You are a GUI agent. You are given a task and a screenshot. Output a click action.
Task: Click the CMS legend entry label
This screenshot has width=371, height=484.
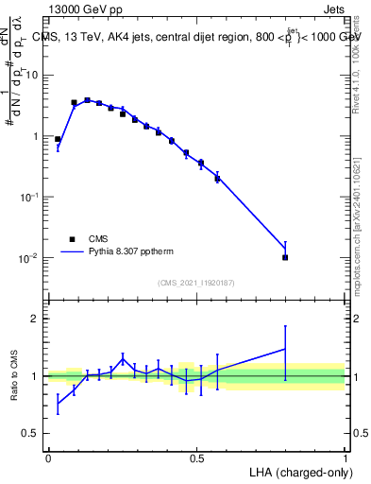pos(97,239)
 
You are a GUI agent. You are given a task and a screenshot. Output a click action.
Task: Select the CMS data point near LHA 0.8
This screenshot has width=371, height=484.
pos(285,257)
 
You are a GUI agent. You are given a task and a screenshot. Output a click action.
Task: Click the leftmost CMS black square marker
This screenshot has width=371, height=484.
pos(58,139)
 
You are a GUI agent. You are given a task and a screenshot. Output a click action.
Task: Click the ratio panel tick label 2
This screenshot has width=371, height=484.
pos(36,319)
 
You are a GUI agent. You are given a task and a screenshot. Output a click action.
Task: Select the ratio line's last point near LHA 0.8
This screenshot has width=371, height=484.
pos(285,349)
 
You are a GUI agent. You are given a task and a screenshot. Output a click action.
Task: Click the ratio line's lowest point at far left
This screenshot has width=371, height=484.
pos(58,404)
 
